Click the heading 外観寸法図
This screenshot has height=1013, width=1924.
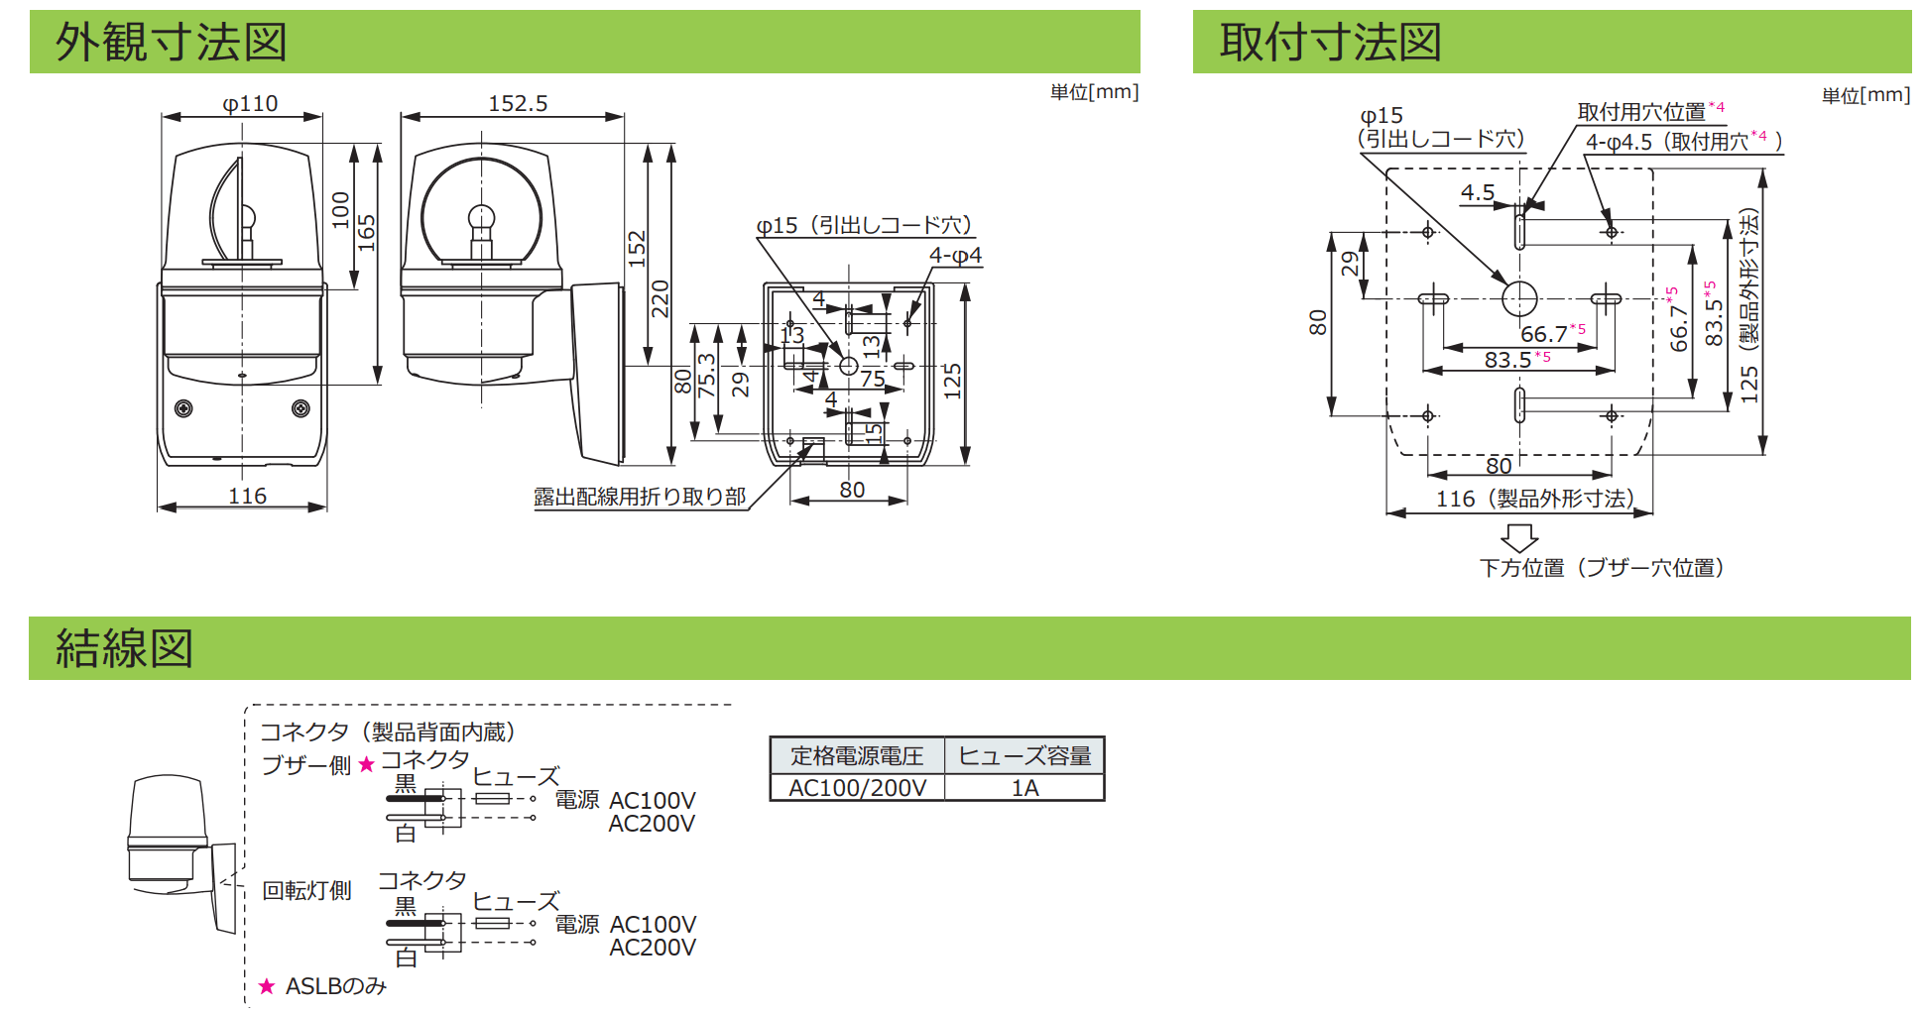(x=172, y=43)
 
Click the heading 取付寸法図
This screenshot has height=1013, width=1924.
(x=1330, y=43)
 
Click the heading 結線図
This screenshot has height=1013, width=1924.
(x=124, y=648)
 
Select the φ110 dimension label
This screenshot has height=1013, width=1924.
(x=250, y=103)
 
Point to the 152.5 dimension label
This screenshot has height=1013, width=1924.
(x=518, y=103)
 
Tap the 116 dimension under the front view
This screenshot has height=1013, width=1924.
(x=247, y=496)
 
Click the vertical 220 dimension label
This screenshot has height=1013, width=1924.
(x=661, y=298)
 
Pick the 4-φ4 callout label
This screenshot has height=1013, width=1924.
(x=955, y=256)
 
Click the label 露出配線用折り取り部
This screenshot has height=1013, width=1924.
(x=640, y=497)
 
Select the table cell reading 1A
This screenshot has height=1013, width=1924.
(x=1024, y=788)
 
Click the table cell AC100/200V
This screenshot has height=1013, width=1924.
(x=858, y=788)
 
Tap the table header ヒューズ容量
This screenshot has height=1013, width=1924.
(x=1024, y=756)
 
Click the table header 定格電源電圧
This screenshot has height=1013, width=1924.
(x=858, y=756)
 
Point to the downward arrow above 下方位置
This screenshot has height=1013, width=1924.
(x=1519, y=538)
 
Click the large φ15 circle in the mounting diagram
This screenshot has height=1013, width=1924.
(x=1519, y=298)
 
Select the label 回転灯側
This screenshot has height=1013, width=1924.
(x=306, y=890)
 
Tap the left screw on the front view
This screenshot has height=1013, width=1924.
(x=183, y=408)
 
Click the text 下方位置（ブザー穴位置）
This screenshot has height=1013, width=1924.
(x=1602, y=568)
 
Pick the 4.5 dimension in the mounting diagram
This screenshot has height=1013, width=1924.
(x=1477, y=192)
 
